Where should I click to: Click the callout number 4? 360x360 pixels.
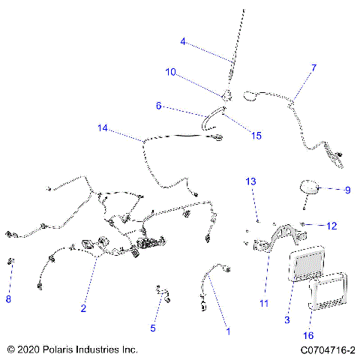click(183, 42)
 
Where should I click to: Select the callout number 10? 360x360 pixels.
click(170, 72)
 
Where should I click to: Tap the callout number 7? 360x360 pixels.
click(313, 68)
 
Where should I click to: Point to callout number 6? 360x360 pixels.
click(159, 106)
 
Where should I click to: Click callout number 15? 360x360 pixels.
click(256, 136)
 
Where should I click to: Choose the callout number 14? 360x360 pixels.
click(103, 128)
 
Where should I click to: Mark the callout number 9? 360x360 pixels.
click(347, 190)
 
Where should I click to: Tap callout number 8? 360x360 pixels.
click(9, 299)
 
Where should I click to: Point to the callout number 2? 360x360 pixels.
click(83, 308)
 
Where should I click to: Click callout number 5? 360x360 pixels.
click(153, 328)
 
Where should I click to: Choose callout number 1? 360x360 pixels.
click(229, 330)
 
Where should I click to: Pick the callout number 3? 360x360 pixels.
click(287, 320)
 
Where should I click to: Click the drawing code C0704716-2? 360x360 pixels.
click(326, 349)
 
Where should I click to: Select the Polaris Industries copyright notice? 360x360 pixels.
click(71, 349)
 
